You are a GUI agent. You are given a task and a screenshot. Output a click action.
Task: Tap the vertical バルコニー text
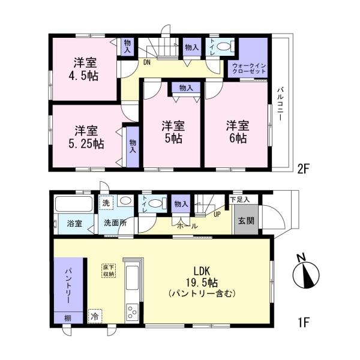pos(280,105)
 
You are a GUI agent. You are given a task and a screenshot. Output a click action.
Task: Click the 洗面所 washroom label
pos(116,223)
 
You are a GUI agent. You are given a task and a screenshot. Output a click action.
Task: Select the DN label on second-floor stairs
pos(146,61)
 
